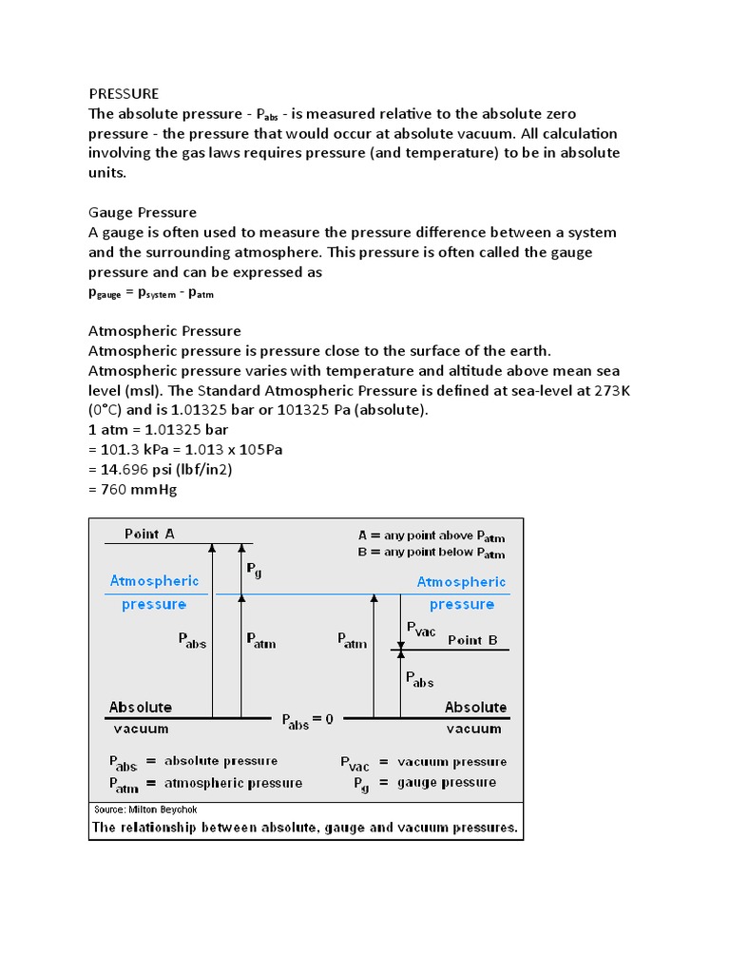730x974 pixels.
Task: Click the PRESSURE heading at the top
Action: (124, 93)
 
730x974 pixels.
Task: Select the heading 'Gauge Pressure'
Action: (142, 212)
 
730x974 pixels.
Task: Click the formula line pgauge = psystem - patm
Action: (151, 294)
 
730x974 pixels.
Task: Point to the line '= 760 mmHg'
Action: (132, 490)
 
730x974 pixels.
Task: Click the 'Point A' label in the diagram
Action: (150, 534)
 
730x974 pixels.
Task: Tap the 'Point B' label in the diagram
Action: (472, 640)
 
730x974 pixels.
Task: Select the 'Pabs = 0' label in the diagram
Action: (307, 721)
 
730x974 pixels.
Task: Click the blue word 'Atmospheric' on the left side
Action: (155, 580)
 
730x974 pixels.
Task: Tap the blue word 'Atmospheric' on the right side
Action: (462, 581)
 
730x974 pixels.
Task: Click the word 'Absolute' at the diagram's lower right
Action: (475, 707)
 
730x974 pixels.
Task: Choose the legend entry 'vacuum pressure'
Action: (451, 761)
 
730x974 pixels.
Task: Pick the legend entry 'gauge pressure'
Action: (447, 782)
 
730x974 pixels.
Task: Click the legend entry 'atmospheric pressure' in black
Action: (233, 783)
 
